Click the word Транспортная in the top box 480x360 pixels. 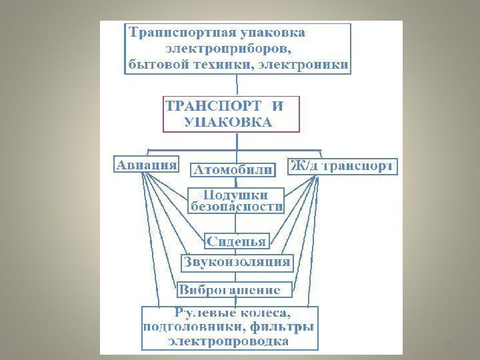[x=171, y=33]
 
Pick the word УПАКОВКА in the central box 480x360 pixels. [x=227, y=122]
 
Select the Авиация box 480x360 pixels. [x=147, y=164]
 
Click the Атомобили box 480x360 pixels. [x=233, y=169]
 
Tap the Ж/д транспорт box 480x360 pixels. [x=343, y=166]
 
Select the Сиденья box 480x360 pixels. [x=236, y=241]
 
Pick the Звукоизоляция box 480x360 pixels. [x=237, y=262]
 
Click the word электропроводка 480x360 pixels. [x=229, y=341]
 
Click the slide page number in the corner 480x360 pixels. [x=448, y=345]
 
